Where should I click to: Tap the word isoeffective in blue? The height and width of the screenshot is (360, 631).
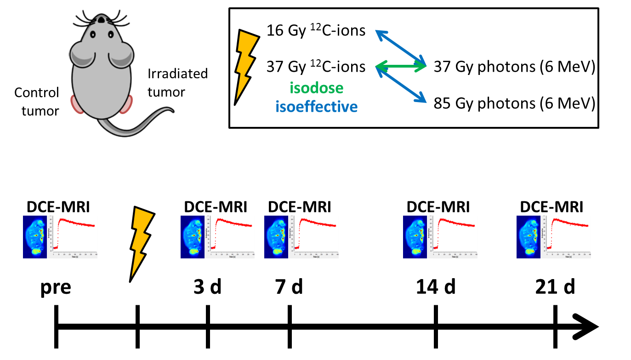pos(316,107)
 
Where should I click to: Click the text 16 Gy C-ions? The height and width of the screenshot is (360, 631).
pos(316,31)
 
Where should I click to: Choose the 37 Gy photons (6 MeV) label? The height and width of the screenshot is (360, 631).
pos(514,68)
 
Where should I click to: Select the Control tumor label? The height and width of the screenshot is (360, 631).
pos(37,102)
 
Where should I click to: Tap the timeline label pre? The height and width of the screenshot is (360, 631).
pos(56,288)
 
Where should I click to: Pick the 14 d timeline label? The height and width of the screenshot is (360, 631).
pos(436,288)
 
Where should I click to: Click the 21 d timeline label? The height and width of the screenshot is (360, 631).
pos(555,288)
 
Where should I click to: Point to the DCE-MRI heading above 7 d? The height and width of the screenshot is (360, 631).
pos(299,207)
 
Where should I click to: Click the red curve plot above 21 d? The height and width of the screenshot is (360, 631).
pos(566,235)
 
